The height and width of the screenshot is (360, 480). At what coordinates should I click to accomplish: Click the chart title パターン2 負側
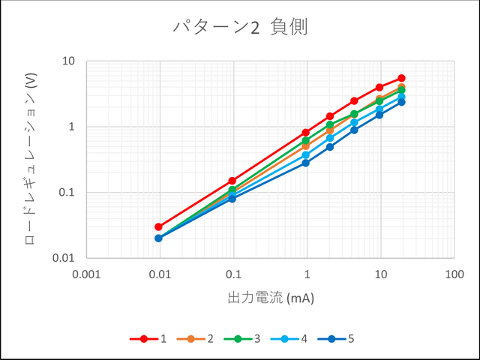(x=240, y=28)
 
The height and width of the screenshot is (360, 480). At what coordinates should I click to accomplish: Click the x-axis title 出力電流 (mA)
(x=270, y=298)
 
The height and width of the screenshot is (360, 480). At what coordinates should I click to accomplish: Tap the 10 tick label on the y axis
(x=69, y=61)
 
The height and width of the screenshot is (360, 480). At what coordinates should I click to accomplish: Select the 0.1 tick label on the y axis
(x=67, y=192)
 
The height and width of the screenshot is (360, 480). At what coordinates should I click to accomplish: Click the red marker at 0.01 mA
(x=159, y=226)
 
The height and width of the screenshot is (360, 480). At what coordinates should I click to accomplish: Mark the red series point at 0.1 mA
(x=232, y=181)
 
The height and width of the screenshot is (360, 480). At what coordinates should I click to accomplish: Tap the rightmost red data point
(x=402, y=78)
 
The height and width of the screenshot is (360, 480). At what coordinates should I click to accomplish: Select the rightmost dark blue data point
(x=402, y=102)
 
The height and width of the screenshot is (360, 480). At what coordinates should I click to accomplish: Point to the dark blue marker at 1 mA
(x=306, y=163)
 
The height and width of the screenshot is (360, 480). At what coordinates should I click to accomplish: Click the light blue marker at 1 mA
(x=306, y=155)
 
